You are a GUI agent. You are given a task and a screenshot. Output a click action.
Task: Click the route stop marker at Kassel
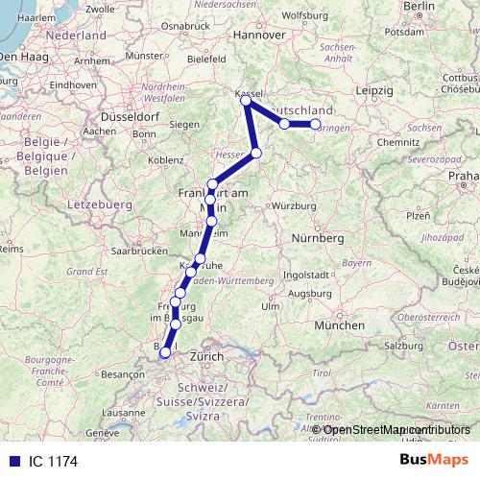247,100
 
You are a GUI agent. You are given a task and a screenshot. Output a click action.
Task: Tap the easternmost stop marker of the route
315,124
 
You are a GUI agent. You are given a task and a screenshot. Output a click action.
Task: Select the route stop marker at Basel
165,352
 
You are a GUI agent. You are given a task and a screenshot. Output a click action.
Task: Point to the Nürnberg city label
318,236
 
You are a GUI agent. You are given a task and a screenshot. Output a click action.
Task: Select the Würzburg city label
294,205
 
